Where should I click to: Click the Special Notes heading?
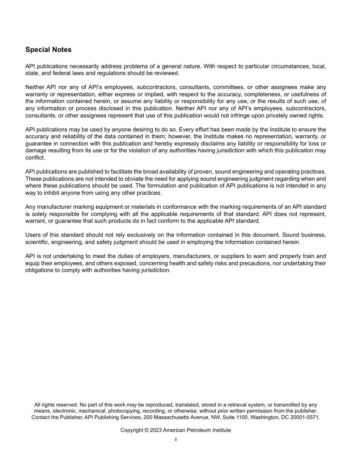(x=48, y=50)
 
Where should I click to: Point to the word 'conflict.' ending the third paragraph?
(x=35, y=158)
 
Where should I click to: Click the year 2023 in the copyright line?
(x=156, y=430)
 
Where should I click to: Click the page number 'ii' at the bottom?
(x=175, y=440)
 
